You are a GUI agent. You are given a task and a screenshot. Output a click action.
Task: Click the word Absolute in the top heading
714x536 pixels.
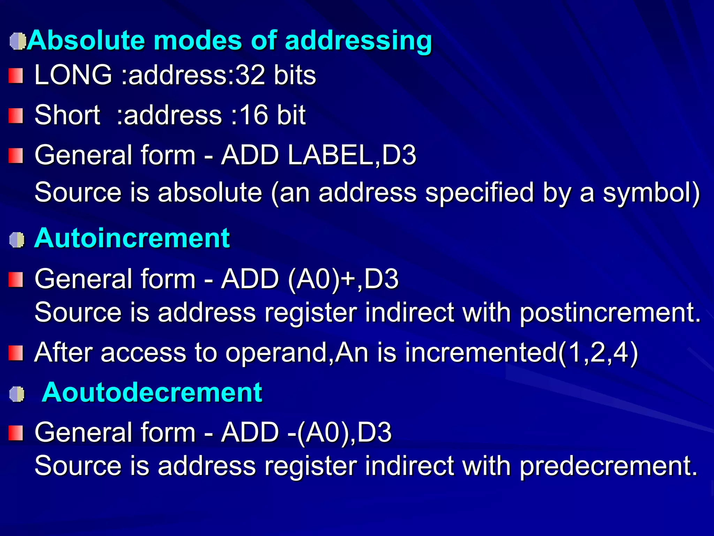pos(86,40)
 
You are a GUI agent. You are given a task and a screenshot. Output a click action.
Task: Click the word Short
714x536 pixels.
pos(68,115)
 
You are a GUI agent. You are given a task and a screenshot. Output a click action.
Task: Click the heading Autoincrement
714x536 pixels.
pos(132,238)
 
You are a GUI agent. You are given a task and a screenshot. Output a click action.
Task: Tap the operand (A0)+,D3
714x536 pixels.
pos(343,279)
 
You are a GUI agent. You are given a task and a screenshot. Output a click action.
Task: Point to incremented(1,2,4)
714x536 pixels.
pos(521,352)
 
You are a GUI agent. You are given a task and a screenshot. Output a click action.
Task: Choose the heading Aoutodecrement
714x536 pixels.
pos(152,393)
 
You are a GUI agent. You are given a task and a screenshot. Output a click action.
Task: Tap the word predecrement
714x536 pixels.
pos(609,466)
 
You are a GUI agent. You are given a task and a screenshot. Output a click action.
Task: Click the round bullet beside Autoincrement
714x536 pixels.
pos(17,240)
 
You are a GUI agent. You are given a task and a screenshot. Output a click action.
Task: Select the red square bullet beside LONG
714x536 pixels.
pos(16,76)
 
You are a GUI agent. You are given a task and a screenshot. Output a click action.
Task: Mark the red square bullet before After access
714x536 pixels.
pos(16,353)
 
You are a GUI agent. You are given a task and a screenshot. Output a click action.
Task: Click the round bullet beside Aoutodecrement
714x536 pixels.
pos(17,394)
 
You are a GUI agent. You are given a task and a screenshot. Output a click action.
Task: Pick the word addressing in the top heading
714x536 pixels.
pos(359,40)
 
